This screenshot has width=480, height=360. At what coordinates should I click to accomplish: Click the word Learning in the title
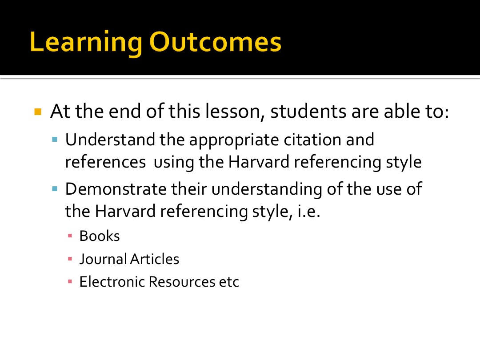pyautogui.click(x=86, y=43)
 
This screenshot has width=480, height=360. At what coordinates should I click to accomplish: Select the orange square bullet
pyautogui.click(x=38, y=112)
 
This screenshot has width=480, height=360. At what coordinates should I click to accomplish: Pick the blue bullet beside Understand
pyautogui.click(x=55, y=140)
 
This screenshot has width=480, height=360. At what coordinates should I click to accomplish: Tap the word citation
pyautogui.click(x=312, y=140)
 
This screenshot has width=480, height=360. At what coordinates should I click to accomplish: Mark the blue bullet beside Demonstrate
pyautogui.click(x=55, y=189)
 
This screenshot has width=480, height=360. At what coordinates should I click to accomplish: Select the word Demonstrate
pyautogui.click(x=116, y=189)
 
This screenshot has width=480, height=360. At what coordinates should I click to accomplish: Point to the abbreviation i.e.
pyautogui.click(x=308, y=211)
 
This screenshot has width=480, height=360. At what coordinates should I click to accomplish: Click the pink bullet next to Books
pyautogui.click(x=70, y=236)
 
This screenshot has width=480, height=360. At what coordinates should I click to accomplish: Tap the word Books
pyautogui.click(x=100, y=236)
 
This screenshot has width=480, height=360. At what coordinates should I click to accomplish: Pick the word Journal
pyautogui.click(x=103, y=259)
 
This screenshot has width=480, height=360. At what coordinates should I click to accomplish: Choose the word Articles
pyautogui.click(x=155, y=259)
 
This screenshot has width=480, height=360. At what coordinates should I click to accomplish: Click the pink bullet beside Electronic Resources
pyautogui.click(x=70, y=282)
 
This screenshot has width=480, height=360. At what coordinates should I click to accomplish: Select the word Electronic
pyautogui.click(x=112, y=282)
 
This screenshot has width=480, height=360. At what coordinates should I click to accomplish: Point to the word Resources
pyautogui.click(x=182, y=282)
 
